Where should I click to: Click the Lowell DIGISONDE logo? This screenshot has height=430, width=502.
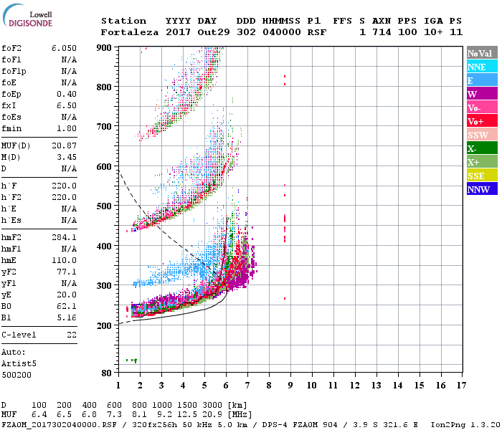point(27,18)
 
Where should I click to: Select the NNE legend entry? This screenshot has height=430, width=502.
point(481,67)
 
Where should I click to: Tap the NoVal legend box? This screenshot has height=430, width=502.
point(481,53)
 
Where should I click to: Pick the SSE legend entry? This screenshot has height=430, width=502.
point(481,176)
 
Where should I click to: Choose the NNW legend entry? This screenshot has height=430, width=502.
point(481,190)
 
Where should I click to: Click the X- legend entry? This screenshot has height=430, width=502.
point(481,149)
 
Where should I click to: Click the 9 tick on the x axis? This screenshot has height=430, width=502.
point(290,386)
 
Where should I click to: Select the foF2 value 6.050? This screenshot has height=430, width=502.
point(63,47)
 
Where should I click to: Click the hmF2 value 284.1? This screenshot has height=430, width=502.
point(64,237)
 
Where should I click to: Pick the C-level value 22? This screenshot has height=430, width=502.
point(70,335)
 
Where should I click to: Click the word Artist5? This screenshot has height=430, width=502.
point(19,363)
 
